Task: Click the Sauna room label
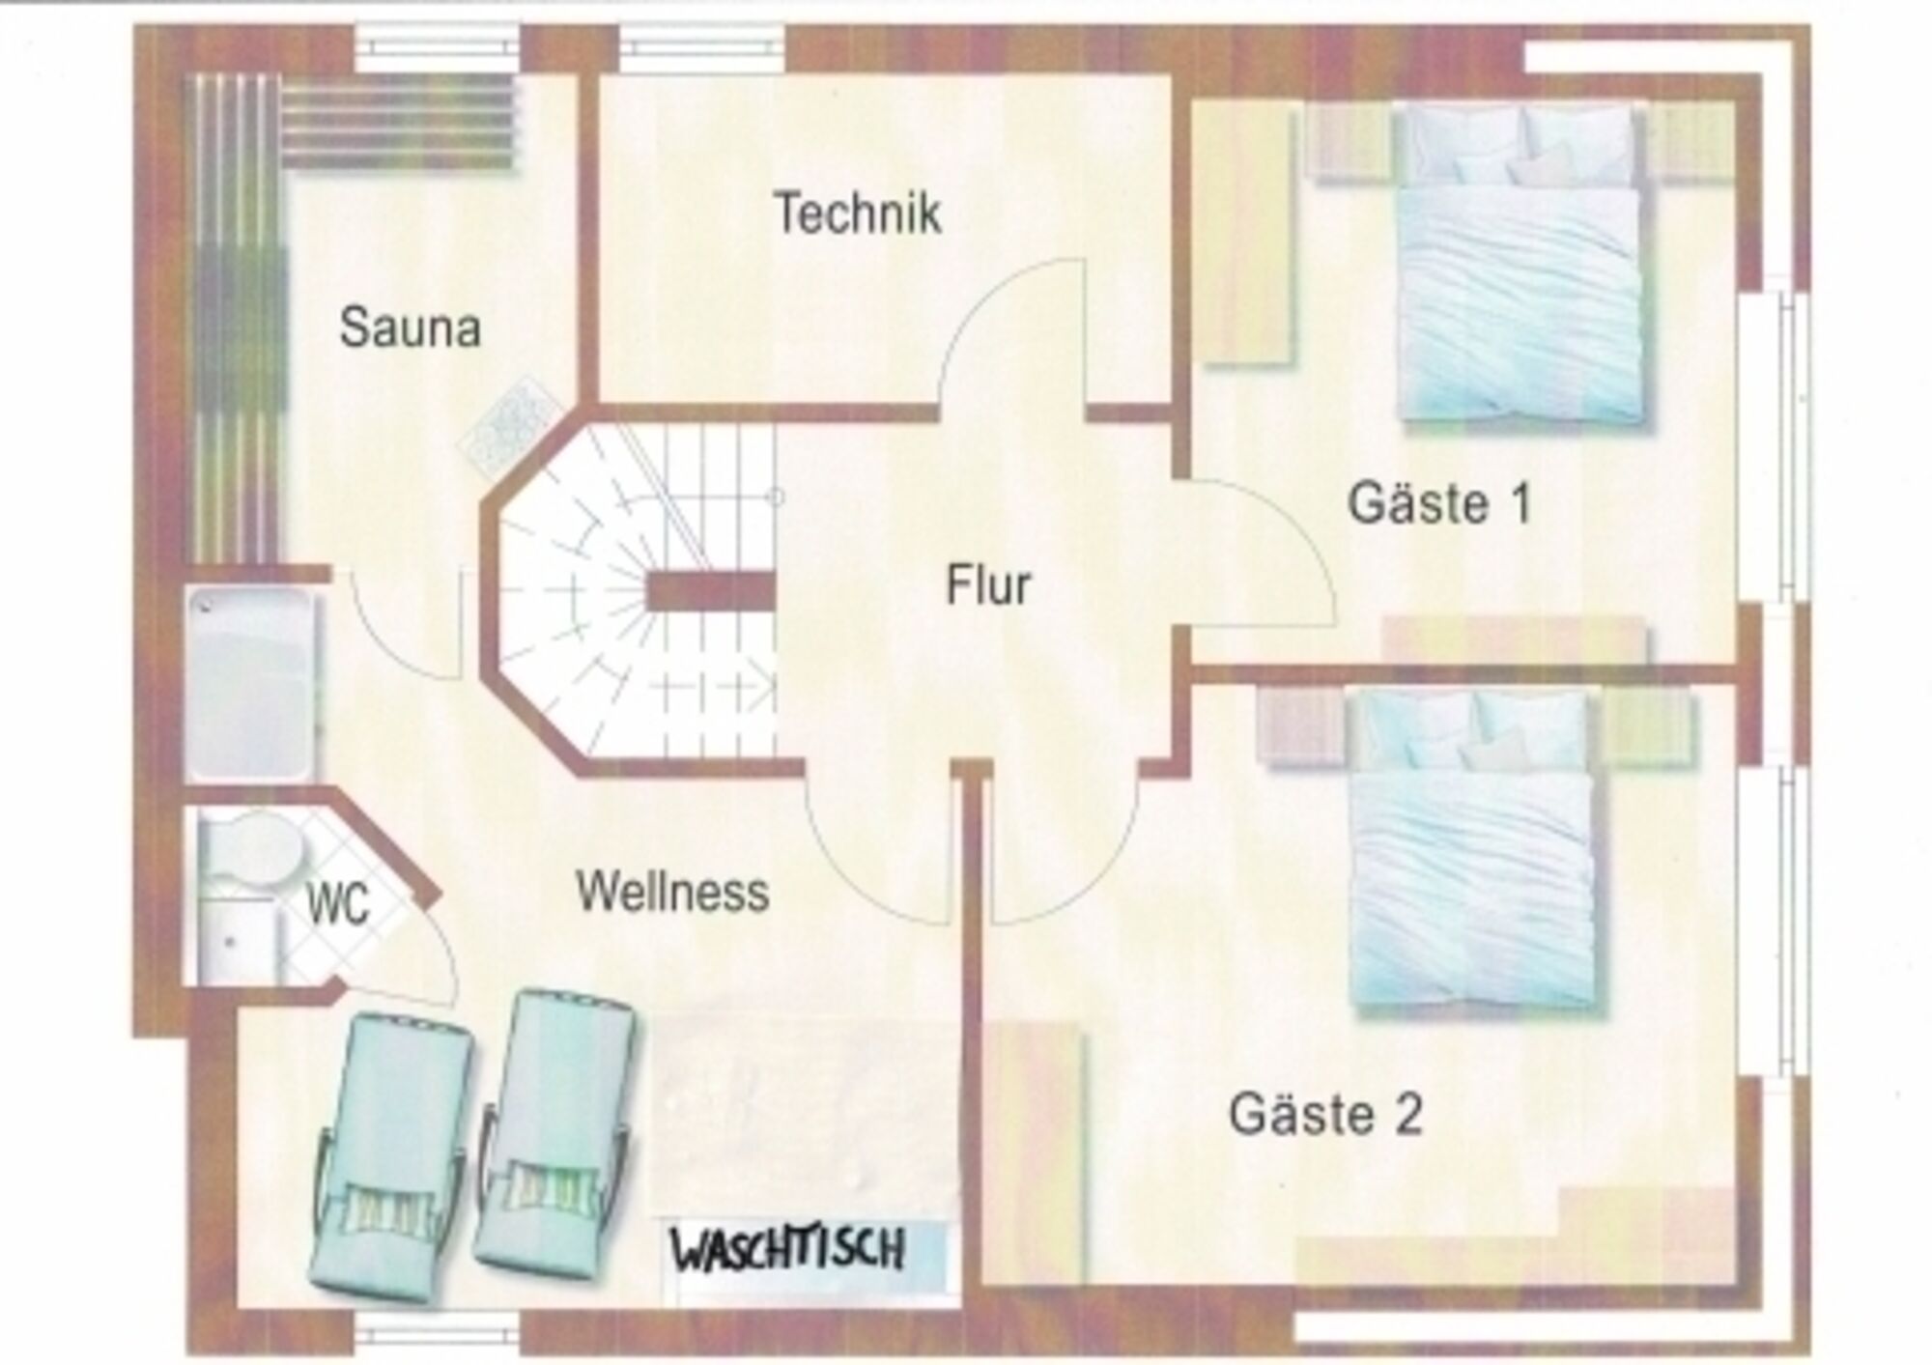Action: coord(411,327)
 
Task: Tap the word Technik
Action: coord(858,213)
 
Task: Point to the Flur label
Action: coord(988,584)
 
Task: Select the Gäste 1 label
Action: coord(1440,503)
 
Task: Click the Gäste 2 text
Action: coord(1325,1113)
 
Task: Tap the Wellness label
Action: coord(672,891)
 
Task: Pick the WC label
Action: coord(338,905)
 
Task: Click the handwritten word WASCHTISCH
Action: coord(788,1250)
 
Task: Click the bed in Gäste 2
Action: coord(1474,850)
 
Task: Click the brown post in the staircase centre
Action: coord(711,590)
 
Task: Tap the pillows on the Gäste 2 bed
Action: coord(1474,729)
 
